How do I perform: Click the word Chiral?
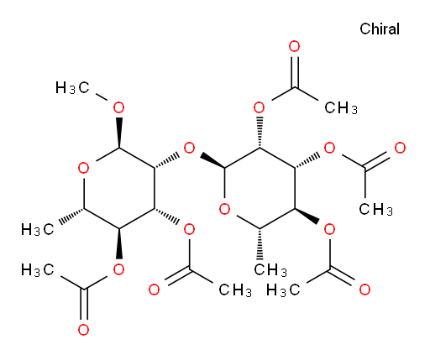380,29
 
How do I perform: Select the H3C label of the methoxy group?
72,87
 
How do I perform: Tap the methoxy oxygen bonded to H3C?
118,107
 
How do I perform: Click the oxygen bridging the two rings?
189,148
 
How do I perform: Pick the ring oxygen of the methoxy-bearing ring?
83,168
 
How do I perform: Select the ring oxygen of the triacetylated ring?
224,209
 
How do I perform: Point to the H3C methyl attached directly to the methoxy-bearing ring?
37,229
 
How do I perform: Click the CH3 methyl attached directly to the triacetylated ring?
270,270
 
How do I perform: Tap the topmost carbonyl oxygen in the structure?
295,46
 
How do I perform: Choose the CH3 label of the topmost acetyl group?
341,107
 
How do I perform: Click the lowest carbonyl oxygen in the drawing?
83,330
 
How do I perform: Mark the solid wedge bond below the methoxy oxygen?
119,133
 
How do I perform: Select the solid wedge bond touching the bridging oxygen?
212,160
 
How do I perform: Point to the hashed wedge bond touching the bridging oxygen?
166,160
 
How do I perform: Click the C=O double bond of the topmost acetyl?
295,72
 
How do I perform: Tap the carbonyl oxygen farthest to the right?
401,148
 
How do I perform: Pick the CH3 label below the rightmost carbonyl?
375,209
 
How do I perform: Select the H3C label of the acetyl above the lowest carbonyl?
37,270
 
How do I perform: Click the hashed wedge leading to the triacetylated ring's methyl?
260,244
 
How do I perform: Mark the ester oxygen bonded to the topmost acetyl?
260,107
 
